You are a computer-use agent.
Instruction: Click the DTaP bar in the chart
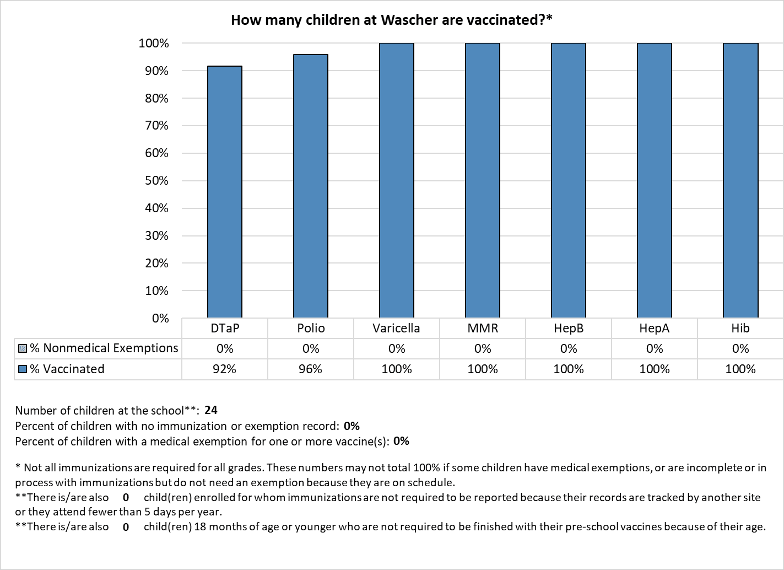tap(225, 191)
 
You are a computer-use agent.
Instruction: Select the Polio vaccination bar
tap(310, 186)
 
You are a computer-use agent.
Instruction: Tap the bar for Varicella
tap(397, 180)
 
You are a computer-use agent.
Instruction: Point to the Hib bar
tap(740, 180)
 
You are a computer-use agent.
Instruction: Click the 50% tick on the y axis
tap(157, 181)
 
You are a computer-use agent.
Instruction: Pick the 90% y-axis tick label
tap(157, 71)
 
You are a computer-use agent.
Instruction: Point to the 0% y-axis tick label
tap(160, 318)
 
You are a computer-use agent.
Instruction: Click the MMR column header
tap(483, 328)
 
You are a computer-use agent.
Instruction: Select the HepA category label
tap(654, 328)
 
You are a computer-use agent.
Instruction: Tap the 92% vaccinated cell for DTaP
tap(224, 369)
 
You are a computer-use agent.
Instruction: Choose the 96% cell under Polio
tap(310, 369)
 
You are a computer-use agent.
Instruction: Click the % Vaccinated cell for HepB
tap(569, 369)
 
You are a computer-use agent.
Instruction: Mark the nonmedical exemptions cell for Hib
tap(740, 349)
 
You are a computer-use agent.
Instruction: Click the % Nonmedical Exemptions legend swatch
tap(23, 349)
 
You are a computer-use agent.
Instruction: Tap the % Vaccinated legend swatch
tap(23, 369)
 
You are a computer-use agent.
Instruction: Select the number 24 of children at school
tap(210, 410)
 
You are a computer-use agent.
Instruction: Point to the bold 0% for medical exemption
tap(401, 441)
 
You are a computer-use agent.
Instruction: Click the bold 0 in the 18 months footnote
tap(126, 526)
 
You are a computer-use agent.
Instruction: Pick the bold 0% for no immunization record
tap(352, 426)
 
